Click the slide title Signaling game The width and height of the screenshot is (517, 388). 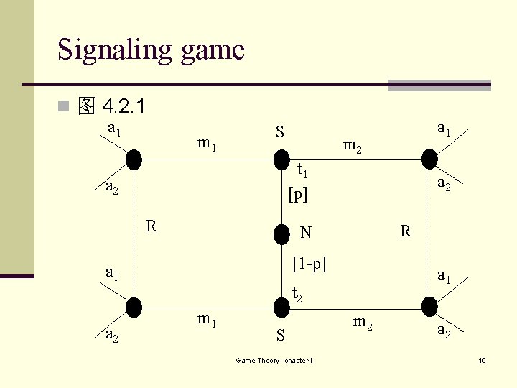point(151,50)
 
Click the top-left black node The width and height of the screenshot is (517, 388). point(134,158)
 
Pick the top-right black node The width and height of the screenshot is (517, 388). point(429,158)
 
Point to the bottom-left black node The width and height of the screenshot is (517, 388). point(134,307)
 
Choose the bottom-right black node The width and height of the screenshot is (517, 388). point(429,307)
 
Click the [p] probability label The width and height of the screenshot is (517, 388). point(297,194)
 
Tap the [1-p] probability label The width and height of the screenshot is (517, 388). point(309,264)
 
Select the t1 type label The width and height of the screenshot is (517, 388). point(303,171)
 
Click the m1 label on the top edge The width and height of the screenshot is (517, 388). point(208,144)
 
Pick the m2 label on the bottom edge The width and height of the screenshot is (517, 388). point(363,323)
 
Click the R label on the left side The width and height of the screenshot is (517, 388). point(152,226)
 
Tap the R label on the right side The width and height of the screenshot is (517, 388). point(406,231)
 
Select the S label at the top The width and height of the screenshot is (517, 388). point(280,132)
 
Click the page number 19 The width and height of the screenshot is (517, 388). point(483,360)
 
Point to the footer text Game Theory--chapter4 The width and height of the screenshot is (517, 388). point(274,360)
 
